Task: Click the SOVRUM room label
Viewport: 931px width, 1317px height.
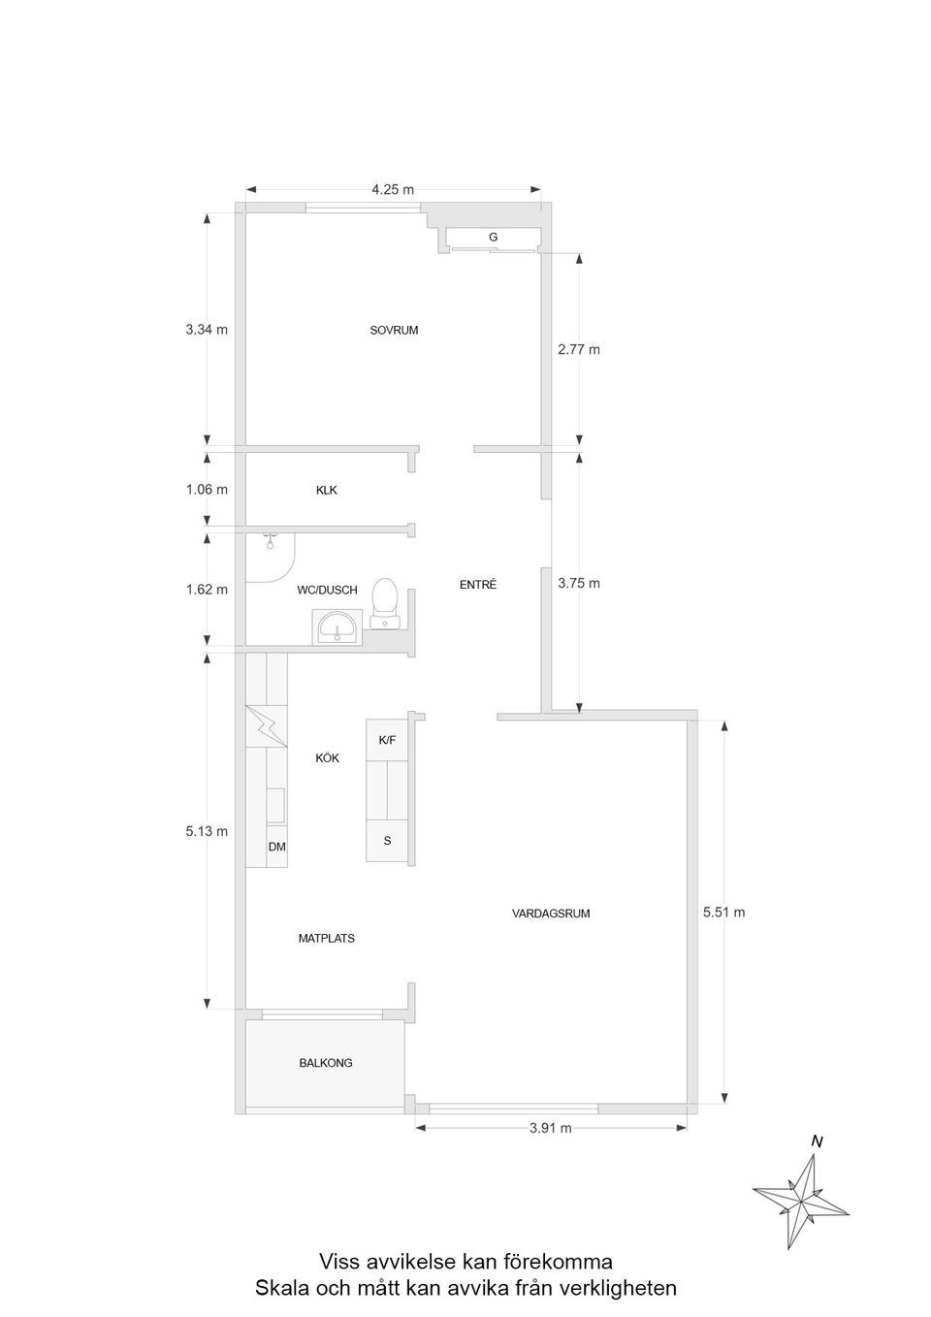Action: coord(394,330)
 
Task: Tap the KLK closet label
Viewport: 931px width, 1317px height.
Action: coord(327,490)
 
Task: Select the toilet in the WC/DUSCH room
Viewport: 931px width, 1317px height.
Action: coord(385,602)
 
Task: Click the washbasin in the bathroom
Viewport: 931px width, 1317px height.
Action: coord(337,626)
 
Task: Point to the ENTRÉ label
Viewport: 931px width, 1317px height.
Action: coord(478,585)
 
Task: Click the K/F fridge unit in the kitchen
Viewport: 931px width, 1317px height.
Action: coord(387,740)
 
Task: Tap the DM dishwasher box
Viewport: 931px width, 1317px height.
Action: coord(276,847)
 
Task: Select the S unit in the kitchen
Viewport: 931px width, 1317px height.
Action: coord(387,841)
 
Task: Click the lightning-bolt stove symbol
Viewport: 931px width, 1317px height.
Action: coord(267,726)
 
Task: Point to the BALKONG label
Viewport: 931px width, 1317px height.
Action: coord(326,1063)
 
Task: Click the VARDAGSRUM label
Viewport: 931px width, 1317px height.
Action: coord(551,914)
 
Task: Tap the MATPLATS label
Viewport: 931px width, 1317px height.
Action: coord(326,939)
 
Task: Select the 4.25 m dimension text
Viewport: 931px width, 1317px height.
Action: coord(393,189)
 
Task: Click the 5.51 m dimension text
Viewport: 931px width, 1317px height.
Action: coord(723,912)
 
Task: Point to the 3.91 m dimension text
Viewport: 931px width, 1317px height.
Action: coord(550,1128)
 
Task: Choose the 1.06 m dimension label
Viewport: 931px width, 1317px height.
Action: coord(207,489)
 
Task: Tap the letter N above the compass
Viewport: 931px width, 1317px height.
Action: coord(817,1141)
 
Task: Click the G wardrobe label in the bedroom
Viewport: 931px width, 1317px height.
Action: coord(493,237)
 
